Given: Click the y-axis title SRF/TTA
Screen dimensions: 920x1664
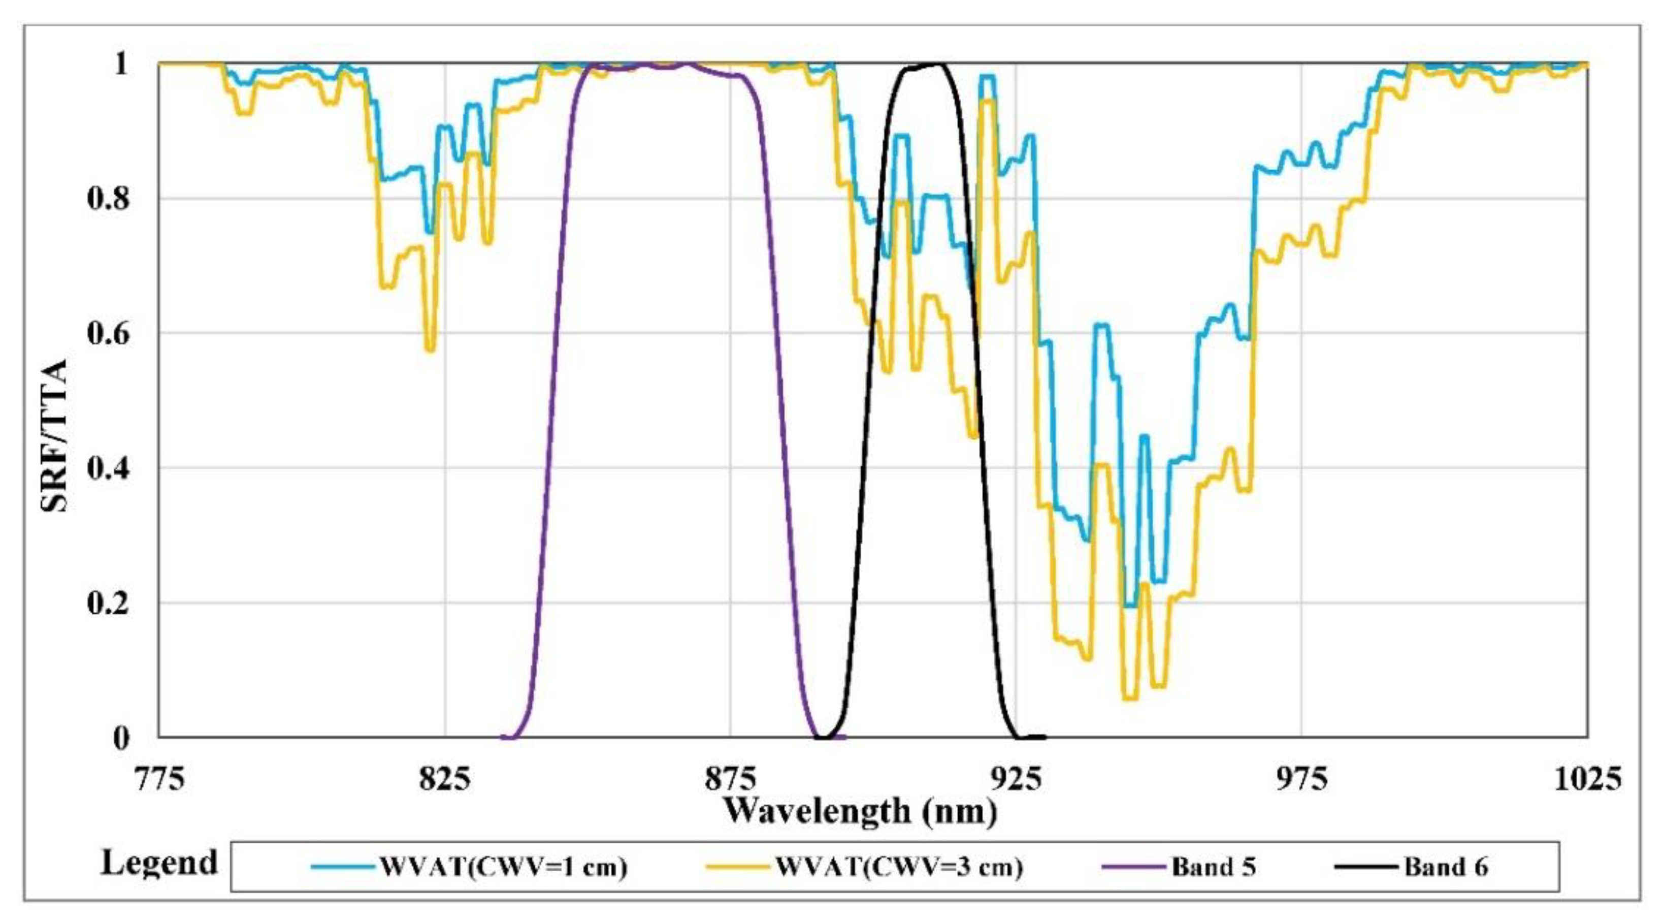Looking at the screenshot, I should tap(54, 436).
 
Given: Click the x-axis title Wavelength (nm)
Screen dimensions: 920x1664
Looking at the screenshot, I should tap(859, 811).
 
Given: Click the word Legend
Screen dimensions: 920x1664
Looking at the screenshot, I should tap(159, 863).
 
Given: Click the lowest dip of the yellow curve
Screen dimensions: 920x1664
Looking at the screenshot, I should tap(1130, 699).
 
